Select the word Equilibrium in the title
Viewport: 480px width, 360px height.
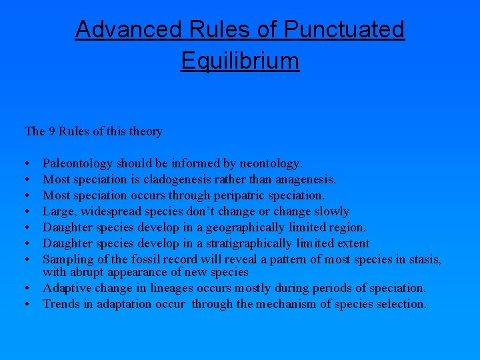(240, 61)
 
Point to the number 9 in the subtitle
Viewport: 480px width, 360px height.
(51, 131)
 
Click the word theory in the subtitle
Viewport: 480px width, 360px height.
(146, 131)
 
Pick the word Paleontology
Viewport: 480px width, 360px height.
(78, 163)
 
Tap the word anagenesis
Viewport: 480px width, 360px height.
(305, 179)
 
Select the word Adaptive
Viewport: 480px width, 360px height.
(66, 288)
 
